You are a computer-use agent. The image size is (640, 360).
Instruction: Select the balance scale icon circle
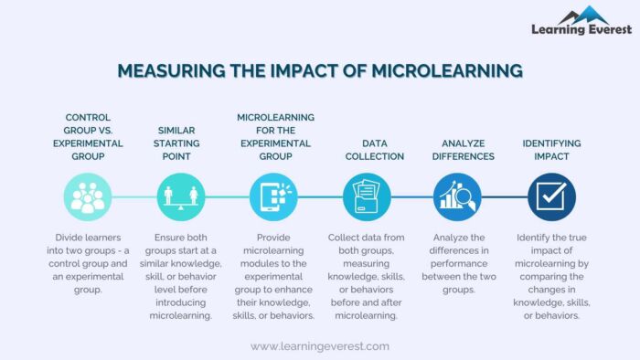181,196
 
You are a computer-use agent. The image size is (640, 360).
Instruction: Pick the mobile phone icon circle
273,196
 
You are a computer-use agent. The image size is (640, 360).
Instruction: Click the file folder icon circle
367,196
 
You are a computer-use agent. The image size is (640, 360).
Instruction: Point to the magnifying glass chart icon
459,196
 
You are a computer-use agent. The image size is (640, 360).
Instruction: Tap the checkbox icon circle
551,196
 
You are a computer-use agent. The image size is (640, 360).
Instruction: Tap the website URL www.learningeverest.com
320,346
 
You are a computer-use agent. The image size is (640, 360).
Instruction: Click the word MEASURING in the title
168,70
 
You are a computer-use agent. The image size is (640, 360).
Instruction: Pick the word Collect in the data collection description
345,238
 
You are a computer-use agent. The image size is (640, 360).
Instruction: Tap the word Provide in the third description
273,238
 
